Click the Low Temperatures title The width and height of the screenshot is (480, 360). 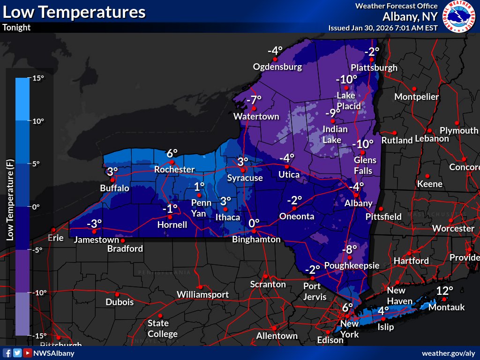[74, 12]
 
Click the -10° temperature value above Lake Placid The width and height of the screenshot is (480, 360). [346, 79]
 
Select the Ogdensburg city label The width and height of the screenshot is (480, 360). [277, 67]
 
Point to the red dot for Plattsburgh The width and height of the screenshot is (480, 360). [371, 60]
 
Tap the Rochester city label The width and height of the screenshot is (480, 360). [174, 169]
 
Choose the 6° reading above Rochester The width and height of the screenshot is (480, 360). [172, 153]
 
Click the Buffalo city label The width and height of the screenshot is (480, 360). [114, 188]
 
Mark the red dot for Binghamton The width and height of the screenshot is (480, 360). [254, 231]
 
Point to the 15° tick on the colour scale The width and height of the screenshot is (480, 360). [37, 78]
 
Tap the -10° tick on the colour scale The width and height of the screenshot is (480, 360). [37, 292]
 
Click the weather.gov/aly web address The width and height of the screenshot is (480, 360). [449, 353]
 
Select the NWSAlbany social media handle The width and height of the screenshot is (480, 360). [53, 353]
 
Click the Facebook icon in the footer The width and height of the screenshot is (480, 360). [7, 353]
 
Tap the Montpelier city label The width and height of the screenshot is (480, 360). [417, 97]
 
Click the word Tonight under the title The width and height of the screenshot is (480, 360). [16, 27]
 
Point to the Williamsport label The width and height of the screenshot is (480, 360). [202, 294]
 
